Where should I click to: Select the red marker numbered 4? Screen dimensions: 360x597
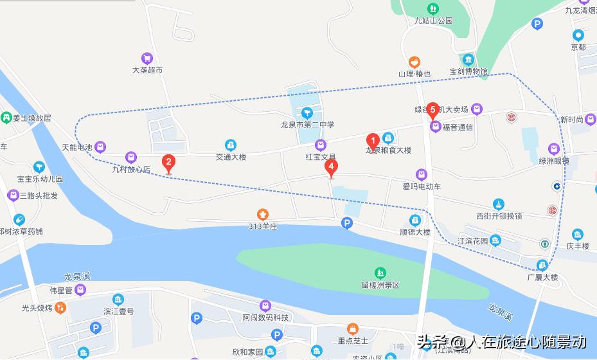pyautogui.click(x=331, y=166)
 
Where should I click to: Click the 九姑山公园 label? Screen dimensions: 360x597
pyautogui.click(x=434, y=21)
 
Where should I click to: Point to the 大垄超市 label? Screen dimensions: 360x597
pyautogui.click(x=147, y=69)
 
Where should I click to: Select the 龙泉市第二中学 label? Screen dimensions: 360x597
pyautogui.click(x=308, y=125)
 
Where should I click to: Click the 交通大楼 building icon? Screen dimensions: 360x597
pyautogui.click(x=231, y=145)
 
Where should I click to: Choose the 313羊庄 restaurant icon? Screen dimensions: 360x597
pyautogui.click(x=262, y=213)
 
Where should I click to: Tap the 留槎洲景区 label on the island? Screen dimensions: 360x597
pyautogui.click(x=380, y=285)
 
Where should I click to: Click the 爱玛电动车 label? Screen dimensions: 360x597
pyautogui.click(x=422, y=186)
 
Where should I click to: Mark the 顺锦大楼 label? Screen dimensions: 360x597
pyautogui.click(x=415, y=232)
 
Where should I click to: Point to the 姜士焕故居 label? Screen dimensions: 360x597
pyautogui.click(x=31, y=118)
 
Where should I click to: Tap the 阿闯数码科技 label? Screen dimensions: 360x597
pyautogui.click(x=265, y=318)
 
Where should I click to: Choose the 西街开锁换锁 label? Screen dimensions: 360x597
pyautogui.click(x=499, y=216)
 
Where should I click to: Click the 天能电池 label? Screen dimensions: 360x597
pyautogui.click(x=77, y=147)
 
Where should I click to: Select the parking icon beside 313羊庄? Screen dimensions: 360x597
pyautogui.click(x=347, y=223)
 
